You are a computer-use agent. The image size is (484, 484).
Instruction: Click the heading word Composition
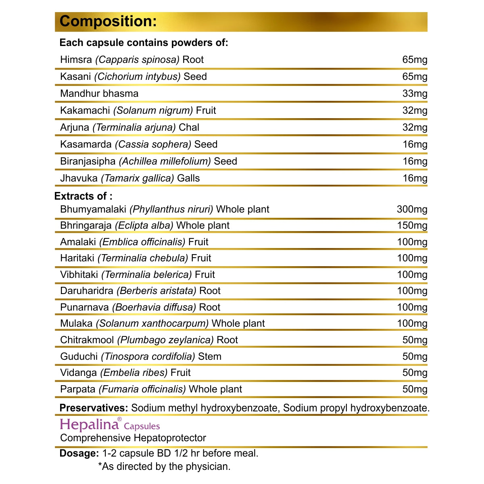(108, 21)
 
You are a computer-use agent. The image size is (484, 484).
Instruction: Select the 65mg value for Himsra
(415, 60)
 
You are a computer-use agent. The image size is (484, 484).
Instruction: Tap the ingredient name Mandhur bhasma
(99, 94)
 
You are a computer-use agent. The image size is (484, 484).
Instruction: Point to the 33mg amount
(415, 94)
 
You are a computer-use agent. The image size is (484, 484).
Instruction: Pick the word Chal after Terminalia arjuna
(189, 127)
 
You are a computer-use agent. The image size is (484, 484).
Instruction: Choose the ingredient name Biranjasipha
(88, 161)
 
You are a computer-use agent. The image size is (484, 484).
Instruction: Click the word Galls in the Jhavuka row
(188, 178)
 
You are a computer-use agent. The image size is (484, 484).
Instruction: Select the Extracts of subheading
(83, 196)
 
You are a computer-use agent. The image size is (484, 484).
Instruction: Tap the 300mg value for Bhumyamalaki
(412, 209)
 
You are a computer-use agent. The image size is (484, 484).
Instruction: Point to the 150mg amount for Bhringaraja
(412, 225)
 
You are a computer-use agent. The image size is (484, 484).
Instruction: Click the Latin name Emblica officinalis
(142, 242)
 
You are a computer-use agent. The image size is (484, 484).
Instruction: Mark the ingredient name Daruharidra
(87, 291)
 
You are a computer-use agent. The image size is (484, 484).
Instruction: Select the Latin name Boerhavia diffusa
(154, 307)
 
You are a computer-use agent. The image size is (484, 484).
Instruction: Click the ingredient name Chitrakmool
(87, 340)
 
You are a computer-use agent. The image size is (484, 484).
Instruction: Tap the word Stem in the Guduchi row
(210, 357)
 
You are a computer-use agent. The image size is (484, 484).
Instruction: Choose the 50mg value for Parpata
(415, 389)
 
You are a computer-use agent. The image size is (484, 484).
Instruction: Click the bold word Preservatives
(94, 408)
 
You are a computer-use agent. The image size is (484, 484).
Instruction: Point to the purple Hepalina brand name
(89, 425)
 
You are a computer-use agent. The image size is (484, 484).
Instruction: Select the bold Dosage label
(79, 453)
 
